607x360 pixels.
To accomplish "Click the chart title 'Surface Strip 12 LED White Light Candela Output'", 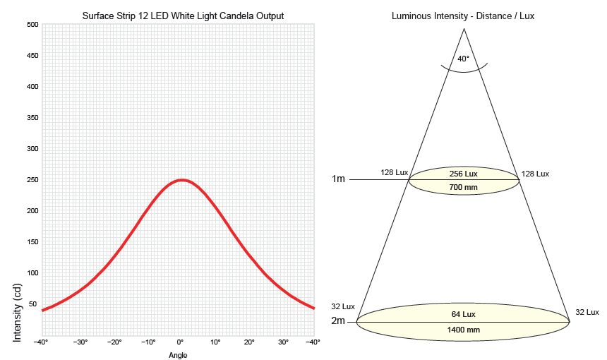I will (178, 16).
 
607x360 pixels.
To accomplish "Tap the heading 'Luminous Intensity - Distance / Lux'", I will (462, 16).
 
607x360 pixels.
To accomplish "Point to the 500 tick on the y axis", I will (32, 25).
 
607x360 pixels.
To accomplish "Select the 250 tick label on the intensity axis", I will (32, 180).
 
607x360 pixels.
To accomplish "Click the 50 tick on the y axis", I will (32, 304).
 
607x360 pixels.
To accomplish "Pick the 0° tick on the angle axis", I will (181, 342).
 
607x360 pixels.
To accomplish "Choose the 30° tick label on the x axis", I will (282, 342).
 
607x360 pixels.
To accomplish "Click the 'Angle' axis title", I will (178, 355).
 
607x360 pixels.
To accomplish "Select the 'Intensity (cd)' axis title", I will (18, 313).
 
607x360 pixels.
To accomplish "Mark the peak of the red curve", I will (181, 180).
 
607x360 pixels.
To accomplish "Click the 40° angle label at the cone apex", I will (463, 59).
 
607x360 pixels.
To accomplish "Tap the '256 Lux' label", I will (464, 174).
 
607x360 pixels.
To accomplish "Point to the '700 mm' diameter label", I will (464, 187).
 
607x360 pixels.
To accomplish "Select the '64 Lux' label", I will (463, 313).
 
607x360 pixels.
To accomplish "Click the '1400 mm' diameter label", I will (463, 330).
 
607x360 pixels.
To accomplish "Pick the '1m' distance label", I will (339, 179).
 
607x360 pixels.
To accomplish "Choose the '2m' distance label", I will (339, 321).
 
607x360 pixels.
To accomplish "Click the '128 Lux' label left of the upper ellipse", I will (395, 173).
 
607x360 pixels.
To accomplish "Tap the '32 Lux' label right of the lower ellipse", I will (587, 312).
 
